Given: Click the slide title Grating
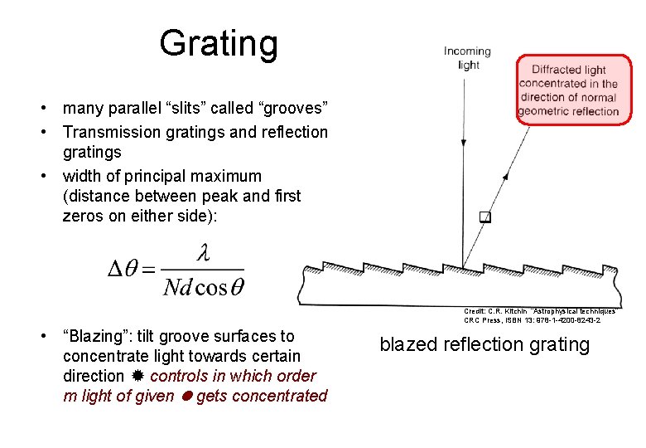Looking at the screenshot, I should click(219, 43).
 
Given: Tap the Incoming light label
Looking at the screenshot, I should click(467, 57).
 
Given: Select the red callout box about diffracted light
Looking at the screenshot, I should click(568, 90).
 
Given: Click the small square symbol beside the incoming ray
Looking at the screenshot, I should click(485, 218).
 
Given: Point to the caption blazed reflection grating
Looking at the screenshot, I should click(485, 344).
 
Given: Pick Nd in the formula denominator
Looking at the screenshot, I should click(177, 287).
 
